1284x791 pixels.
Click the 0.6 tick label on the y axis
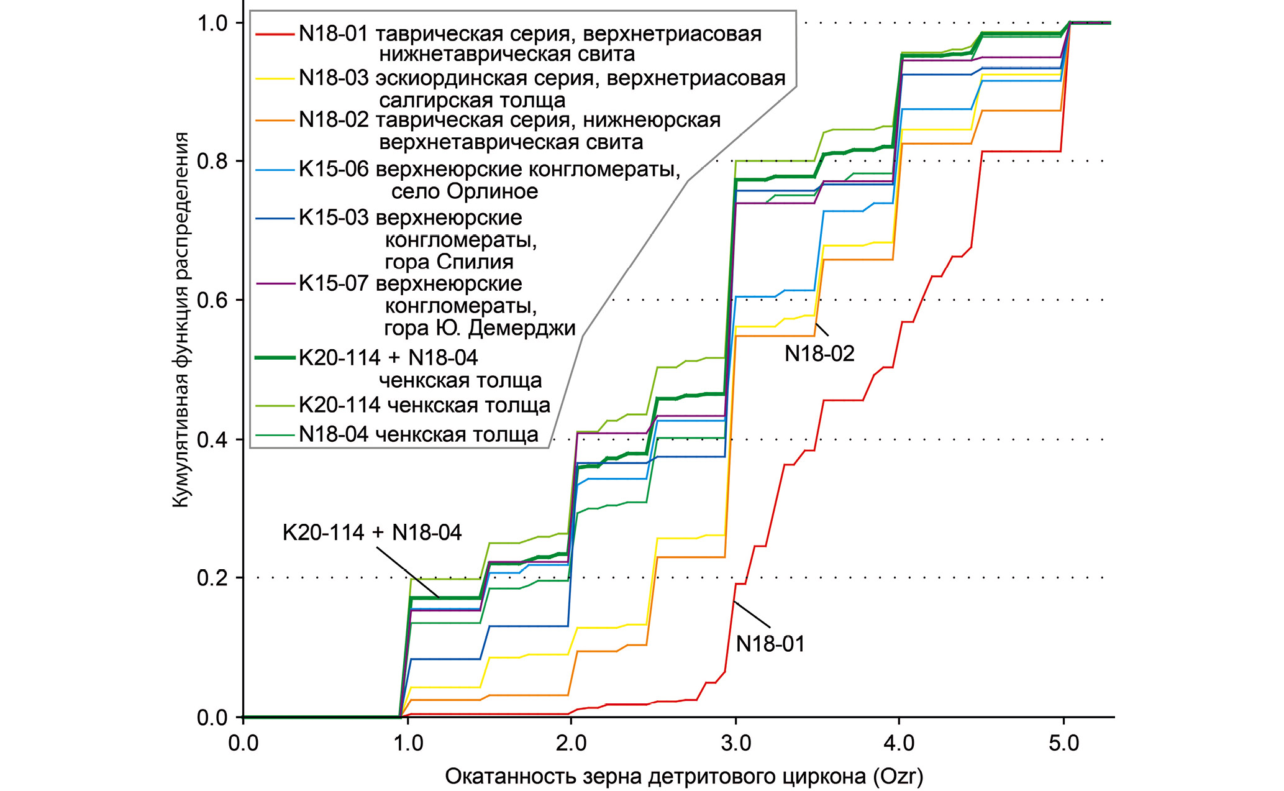click(x=212, y=300)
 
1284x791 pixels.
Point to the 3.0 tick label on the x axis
click(x=736, y=744)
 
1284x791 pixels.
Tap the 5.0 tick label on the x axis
click(x=1064, y=744)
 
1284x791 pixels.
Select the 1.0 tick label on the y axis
click(x=212, y=23)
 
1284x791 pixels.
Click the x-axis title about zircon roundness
click(x=683, y=776)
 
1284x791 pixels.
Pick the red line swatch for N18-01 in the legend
click(x=274, y=34)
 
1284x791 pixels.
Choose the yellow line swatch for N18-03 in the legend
click(x=274, y=79)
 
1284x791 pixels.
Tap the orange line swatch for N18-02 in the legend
click(x=274, y=121)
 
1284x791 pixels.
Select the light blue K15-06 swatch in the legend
click(x=274, y=170)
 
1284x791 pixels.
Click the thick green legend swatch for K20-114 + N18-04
click(x=274, y=358)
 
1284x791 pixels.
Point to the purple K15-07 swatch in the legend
click(x=274, y=284)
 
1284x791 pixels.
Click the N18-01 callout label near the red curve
click(x=770, y=644)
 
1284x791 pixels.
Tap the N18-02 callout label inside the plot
click(x=819, y=354)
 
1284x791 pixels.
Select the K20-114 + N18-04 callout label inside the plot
click(x=372, y=533)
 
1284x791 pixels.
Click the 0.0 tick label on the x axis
click(x=244, y=744)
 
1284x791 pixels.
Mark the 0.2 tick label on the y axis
click(x=212, y=578)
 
